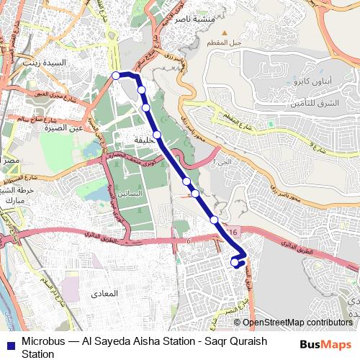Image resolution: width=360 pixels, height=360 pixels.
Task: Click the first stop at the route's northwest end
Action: pos(116,75)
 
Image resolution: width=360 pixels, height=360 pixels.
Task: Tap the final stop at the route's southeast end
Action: pos(235,264)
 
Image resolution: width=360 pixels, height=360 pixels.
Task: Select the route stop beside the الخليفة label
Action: pos(156,134)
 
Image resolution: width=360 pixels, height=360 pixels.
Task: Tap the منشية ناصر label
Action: pos(191,19)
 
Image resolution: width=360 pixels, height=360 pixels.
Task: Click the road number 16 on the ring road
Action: pos(231,230)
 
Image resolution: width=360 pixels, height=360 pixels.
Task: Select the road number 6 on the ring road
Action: pos(187,241)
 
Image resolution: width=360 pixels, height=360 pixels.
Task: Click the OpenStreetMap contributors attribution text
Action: pos(297,323)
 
